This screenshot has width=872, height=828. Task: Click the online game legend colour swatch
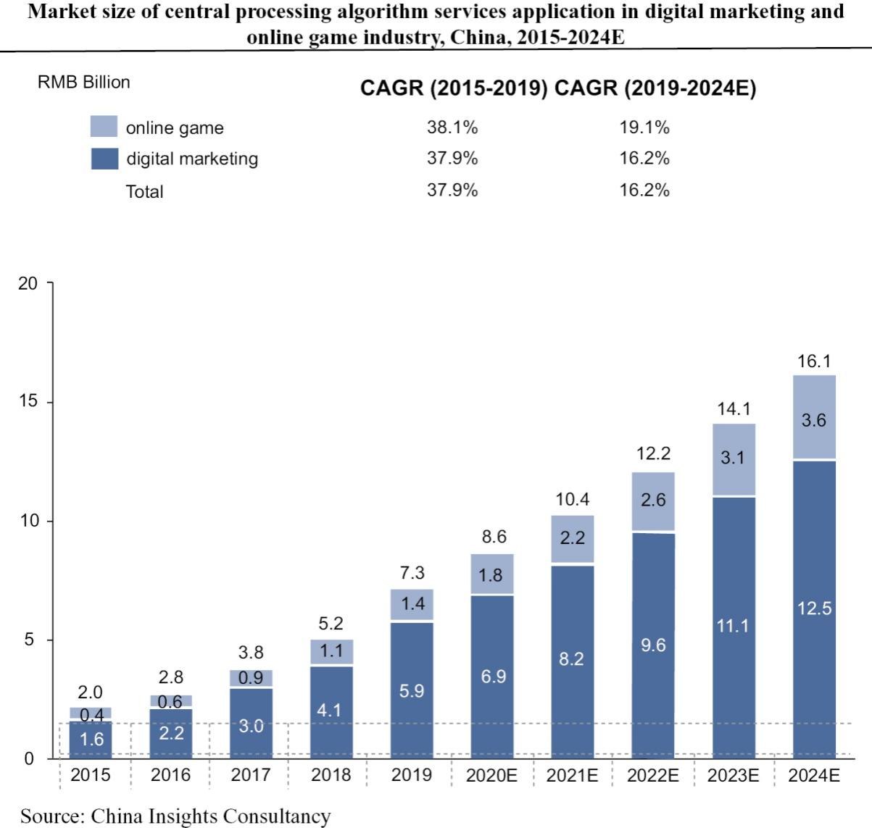[x=104, y=127]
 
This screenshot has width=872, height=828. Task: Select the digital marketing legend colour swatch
[x=104, y=159]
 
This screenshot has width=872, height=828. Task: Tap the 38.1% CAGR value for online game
[x=452, y=127]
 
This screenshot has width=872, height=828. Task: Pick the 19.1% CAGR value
[x=644, y=127]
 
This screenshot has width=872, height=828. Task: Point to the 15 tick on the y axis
[x=28, y=402]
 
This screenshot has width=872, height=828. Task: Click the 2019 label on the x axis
[x=412, y=775]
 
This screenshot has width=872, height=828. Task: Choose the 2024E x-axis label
[x=813, y=775]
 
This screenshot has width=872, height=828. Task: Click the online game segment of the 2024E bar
[x=814, y=418]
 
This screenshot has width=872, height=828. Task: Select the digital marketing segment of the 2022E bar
[x=653, y=645]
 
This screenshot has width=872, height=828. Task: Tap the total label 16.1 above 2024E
[x=814, y=361]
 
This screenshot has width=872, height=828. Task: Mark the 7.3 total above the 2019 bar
[x=412, y=573]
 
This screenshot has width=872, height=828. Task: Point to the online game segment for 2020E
[x=493, y=574]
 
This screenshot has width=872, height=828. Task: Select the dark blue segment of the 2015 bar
[x=91, y=740]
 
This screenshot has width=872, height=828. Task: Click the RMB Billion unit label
[x=83, y=82]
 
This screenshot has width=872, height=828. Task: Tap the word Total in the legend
[x=144, y=191]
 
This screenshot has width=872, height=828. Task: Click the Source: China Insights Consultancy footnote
[x=175, y=816]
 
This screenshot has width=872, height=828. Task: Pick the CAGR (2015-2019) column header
[x=454, y=88]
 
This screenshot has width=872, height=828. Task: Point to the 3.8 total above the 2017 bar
[x=251, y=653]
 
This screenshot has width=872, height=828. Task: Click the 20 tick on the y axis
[x=28, y=283]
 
